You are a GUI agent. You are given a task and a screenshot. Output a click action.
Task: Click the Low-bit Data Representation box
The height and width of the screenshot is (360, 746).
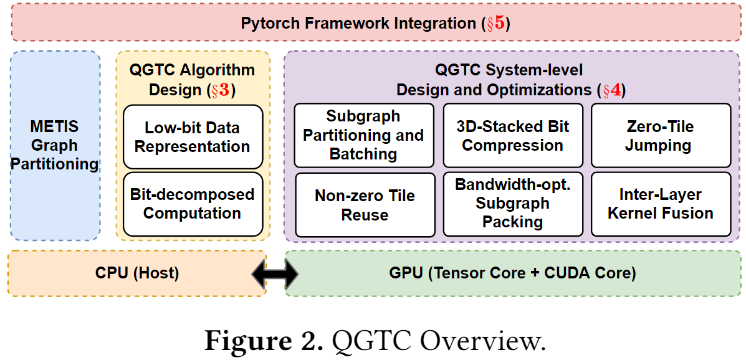192,137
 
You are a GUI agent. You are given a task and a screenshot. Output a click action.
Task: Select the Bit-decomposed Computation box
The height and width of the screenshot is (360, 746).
192,204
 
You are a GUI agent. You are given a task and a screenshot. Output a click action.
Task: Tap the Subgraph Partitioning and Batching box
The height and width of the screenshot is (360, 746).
363,135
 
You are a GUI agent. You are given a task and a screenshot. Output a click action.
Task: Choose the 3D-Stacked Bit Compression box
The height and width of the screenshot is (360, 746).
512,135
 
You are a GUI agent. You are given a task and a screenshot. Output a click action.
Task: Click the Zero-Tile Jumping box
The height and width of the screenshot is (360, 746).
659,135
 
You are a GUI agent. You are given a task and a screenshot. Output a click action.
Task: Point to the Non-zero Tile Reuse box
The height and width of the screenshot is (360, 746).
364,205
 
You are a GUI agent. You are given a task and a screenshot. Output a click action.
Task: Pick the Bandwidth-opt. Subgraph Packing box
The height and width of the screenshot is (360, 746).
512,204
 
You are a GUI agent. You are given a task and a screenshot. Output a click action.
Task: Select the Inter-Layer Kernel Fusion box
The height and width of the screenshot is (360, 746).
659,204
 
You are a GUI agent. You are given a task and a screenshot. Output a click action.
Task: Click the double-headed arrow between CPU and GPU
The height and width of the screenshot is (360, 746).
275,273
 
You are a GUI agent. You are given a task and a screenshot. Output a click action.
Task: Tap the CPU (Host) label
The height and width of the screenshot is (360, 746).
136,273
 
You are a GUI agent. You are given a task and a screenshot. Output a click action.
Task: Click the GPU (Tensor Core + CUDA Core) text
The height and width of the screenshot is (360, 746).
512,273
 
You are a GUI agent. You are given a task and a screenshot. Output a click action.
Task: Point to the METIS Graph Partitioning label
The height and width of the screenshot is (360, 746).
54,145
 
